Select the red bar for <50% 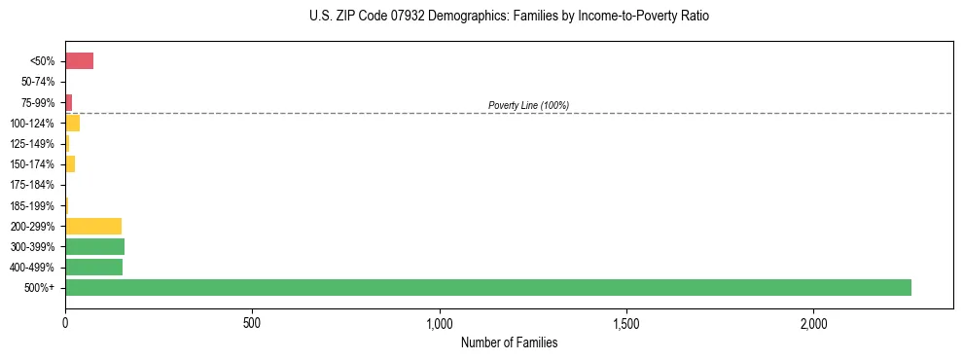pos(79,61)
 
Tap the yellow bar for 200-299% pos(93,226)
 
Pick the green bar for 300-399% pos(94,246)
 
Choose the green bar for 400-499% pos(93,267)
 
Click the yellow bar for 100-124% pos(72,123)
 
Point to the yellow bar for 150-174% pos(70,163)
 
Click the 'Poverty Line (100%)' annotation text pos(528,105)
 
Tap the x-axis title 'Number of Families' pos(509,342)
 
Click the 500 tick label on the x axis pos(252,322)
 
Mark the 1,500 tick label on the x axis pos(626,322)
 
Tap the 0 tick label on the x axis pos(65,322)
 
